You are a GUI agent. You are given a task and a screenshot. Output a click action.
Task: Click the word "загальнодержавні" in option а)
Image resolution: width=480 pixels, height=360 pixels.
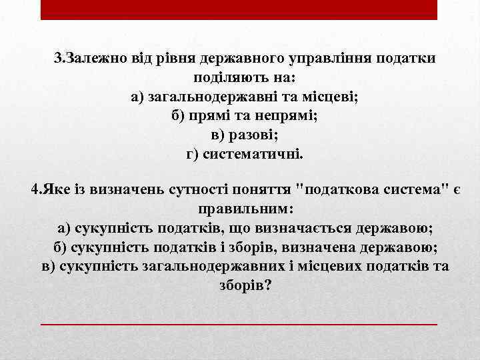221,97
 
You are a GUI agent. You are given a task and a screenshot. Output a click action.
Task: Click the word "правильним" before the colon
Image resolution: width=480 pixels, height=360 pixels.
242,209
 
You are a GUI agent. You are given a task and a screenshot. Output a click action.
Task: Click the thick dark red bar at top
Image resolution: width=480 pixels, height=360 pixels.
239,10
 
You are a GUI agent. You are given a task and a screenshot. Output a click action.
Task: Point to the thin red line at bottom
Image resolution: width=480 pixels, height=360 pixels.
239,323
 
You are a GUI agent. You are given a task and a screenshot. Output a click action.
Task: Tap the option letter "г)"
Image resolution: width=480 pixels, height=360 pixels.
193,155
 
